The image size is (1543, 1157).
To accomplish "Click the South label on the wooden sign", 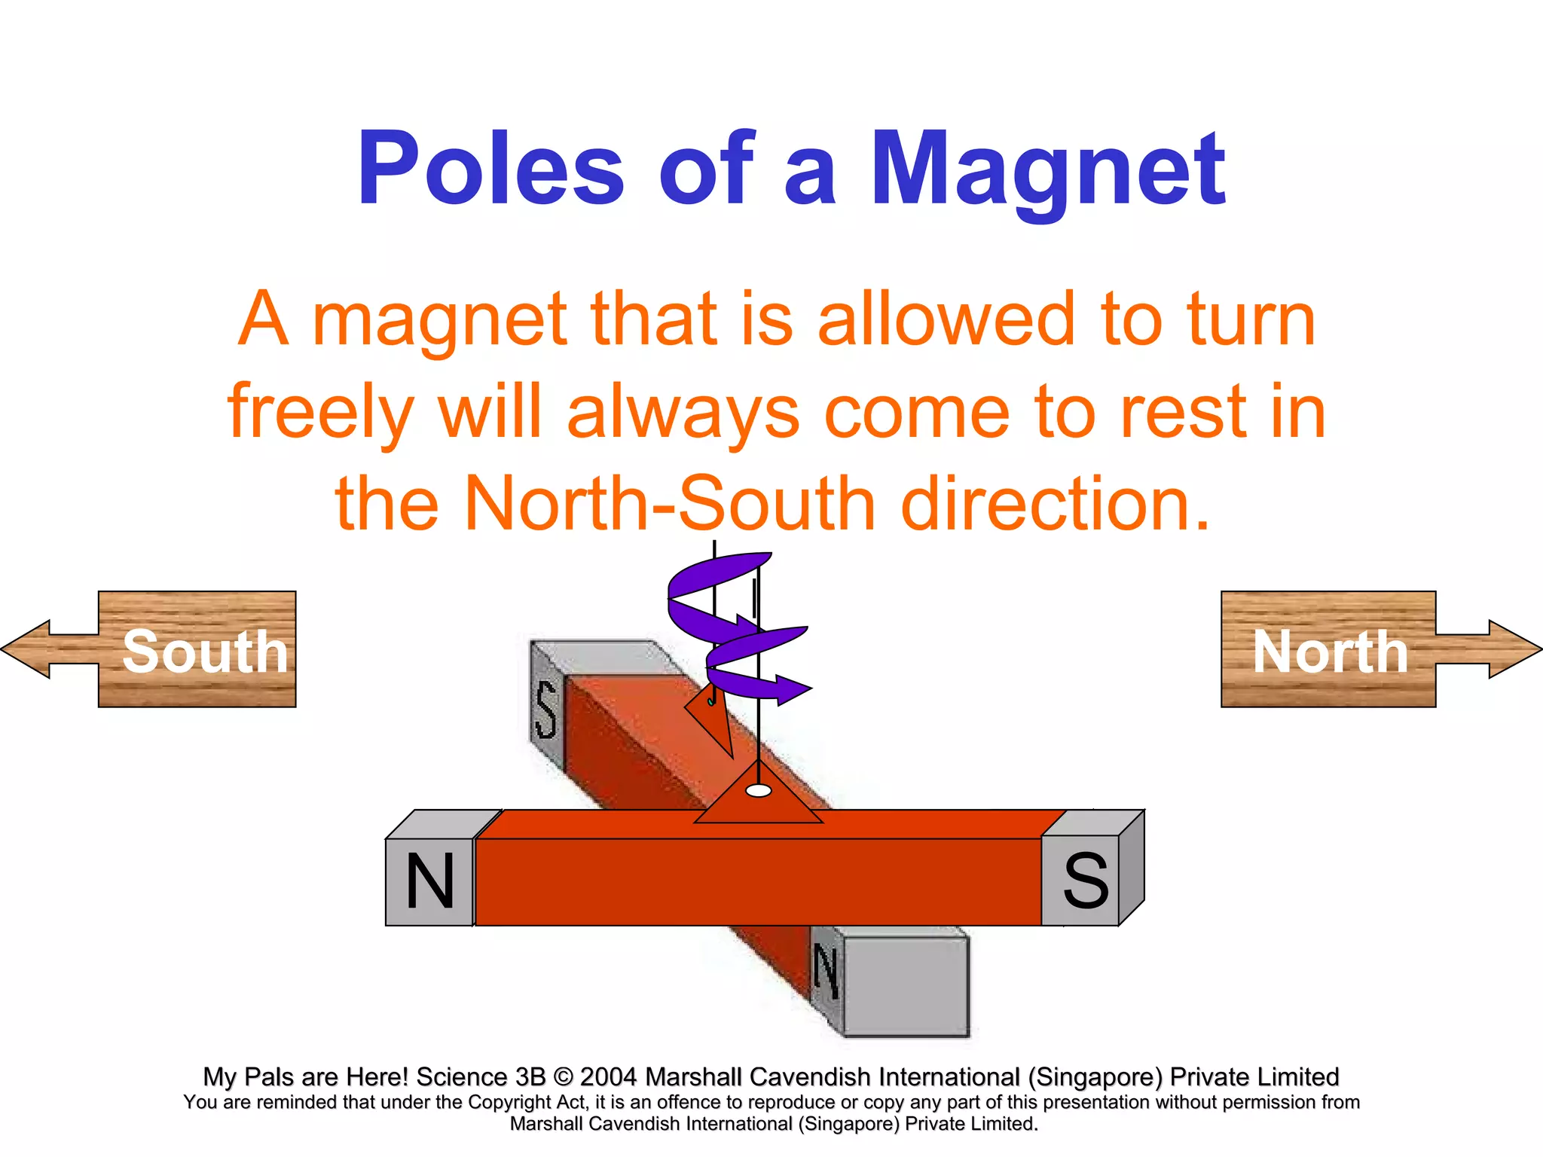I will tap(205, 652).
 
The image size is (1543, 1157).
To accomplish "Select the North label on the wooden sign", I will tap(1330, 652).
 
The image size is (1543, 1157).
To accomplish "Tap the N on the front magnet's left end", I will tap(429, 881).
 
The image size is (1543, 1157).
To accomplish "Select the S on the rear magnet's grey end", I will tap(546, 710).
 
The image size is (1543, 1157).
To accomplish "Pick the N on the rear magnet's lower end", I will tap(826, 972).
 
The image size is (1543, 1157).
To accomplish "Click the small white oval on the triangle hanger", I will tap(758, 791).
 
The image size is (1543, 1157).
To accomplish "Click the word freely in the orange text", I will tap(320, 413).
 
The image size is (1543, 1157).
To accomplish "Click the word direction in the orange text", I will tap(1055, 503).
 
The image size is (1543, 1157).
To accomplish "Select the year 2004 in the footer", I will tap(609, 1077).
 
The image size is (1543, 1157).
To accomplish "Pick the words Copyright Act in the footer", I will tap(527, 1102).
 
